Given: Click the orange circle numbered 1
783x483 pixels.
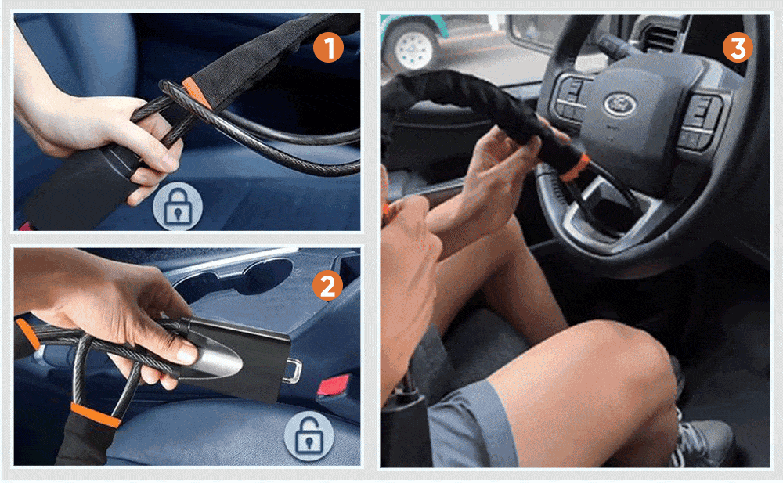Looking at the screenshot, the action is (328, 48).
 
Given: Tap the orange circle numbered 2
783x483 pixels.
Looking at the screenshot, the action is (327, 286).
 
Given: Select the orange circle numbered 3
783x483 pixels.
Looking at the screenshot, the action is (738, 48).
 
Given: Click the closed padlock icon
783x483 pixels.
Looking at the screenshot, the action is (178, 207).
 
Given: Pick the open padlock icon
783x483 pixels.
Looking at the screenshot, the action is (309, 435).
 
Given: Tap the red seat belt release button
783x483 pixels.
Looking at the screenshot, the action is (333, 385).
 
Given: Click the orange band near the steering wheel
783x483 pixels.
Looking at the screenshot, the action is (575, 168).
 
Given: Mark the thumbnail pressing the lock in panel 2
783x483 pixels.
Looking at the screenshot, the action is (186, 354).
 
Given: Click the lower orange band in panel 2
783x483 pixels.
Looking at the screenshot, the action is (96, 415).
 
